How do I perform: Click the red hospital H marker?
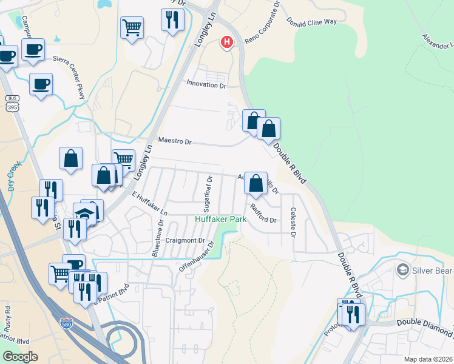click(227, 42)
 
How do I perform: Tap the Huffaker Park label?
click(220, 219)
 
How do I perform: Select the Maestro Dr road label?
click(174, 141)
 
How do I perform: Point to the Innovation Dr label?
click(206, 84)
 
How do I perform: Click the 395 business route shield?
click(12, 104)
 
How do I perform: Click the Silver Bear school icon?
click(401, 269)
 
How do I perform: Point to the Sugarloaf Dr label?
click(208, 190)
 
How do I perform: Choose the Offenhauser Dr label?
click(197, 256)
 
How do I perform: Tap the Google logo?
click(20, 357)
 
